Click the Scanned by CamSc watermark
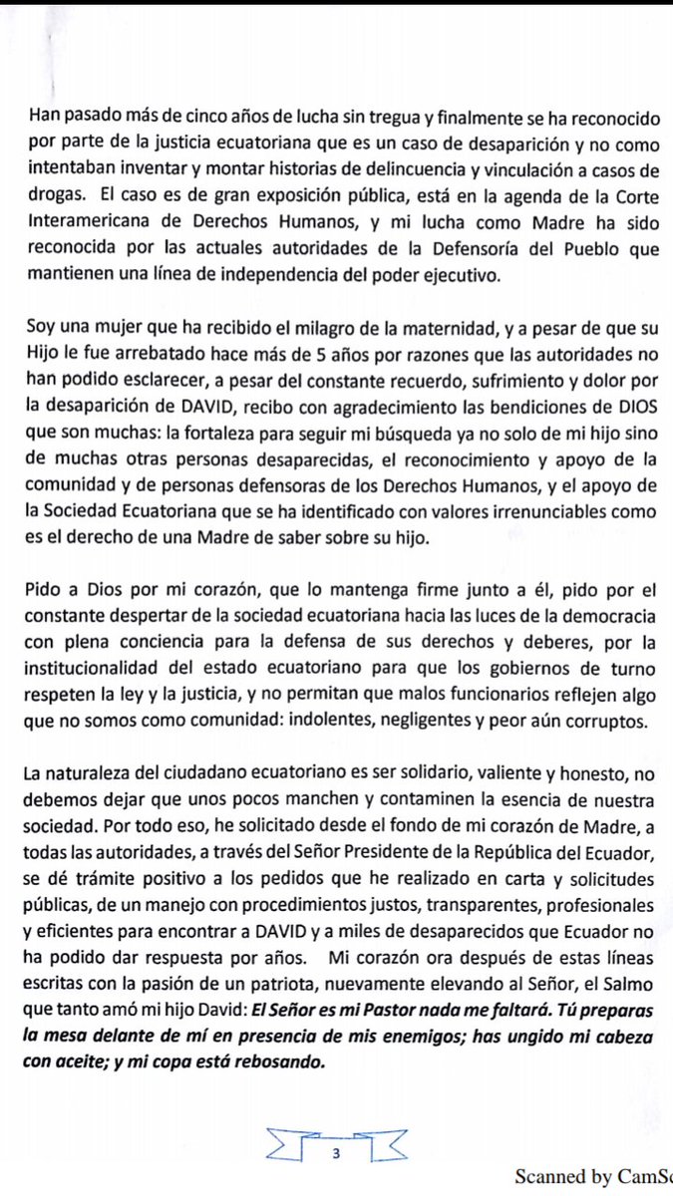pos(593,1178)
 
